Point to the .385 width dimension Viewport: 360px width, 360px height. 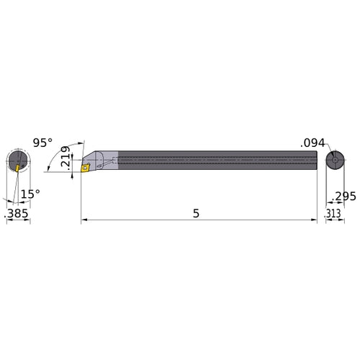coord(17,214)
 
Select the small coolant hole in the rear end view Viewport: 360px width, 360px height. coord(334,160)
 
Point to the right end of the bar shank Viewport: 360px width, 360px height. coord(314,160)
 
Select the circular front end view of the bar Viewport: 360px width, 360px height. coord(18,161)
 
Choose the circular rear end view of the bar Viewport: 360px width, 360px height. coord(334,161)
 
